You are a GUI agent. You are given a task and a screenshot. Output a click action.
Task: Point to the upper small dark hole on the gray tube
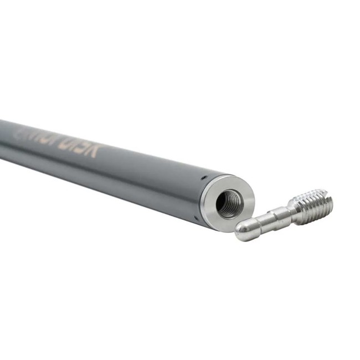pos(203,177)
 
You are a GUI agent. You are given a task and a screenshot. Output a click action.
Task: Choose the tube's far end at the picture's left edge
pos(3,138)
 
